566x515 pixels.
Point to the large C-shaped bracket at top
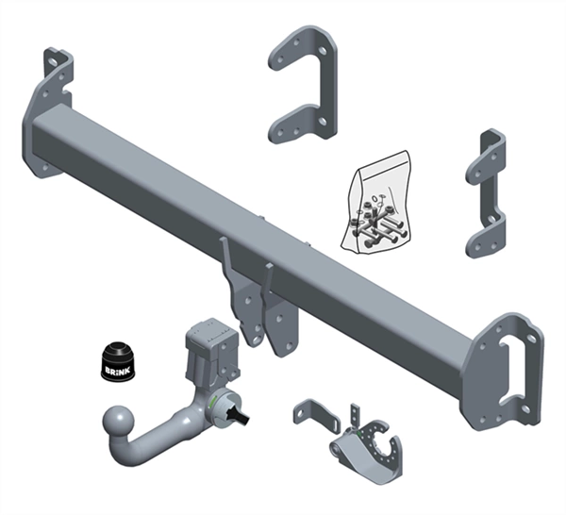click(x=304, y=85)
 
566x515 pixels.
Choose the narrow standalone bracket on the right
click(x=486, y=193)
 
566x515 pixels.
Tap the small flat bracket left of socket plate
click(x=315, y=415)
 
